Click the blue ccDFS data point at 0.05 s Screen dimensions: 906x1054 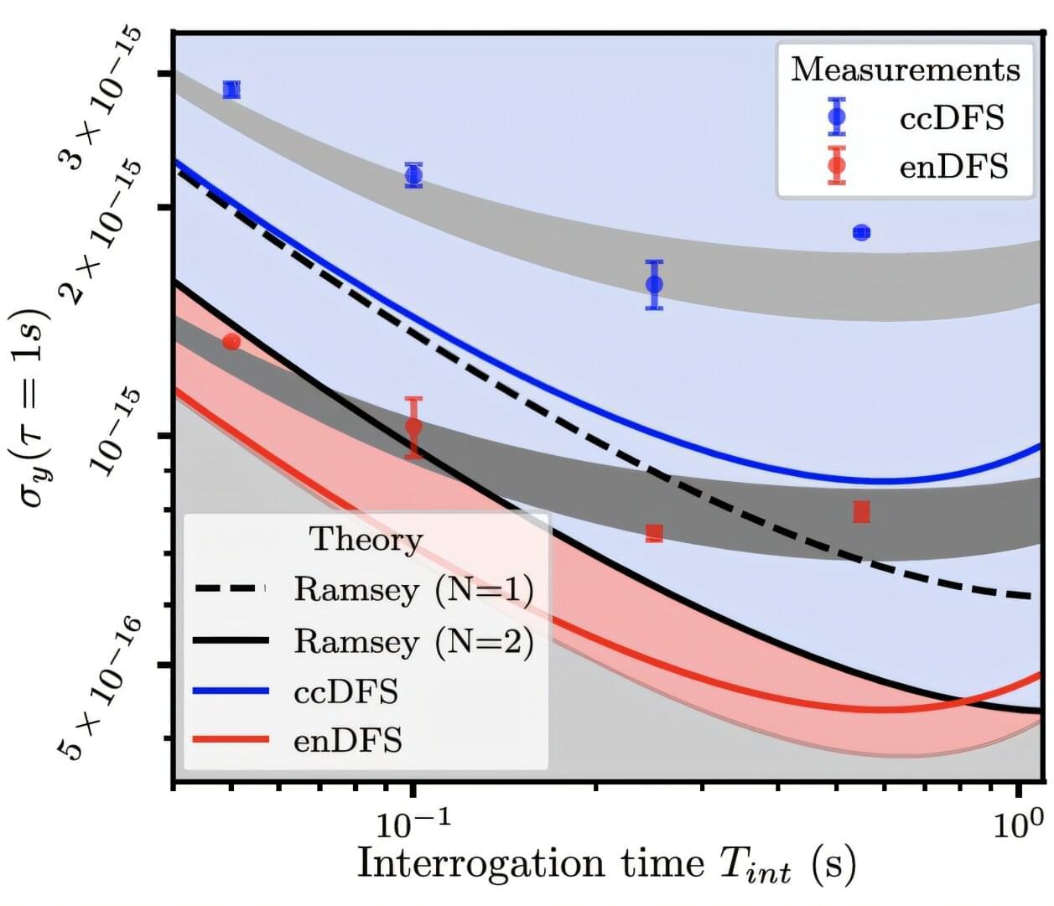(x=232, y=90)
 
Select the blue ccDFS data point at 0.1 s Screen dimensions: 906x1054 (x=413, y=175)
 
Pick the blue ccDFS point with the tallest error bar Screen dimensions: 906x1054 (x=655, y=285)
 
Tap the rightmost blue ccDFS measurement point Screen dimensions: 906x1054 (x=861, y=232)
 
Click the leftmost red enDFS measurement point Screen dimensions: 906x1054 (x=232, y=341)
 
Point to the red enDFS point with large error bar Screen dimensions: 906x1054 (x=413, y=427)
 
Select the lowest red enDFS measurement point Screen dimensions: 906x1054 (x=655, y=533)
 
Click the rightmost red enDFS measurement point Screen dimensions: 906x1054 (x=861, y=512)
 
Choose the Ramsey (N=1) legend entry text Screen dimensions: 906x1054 (x=413, y=590)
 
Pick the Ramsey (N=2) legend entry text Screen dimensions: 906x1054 (x=413, y=641)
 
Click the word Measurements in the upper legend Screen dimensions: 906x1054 (x=906, y=70)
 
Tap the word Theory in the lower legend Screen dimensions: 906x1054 (x=366, y=539)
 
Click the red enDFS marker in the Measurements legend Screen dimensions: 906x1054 (x=836, y=166)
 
